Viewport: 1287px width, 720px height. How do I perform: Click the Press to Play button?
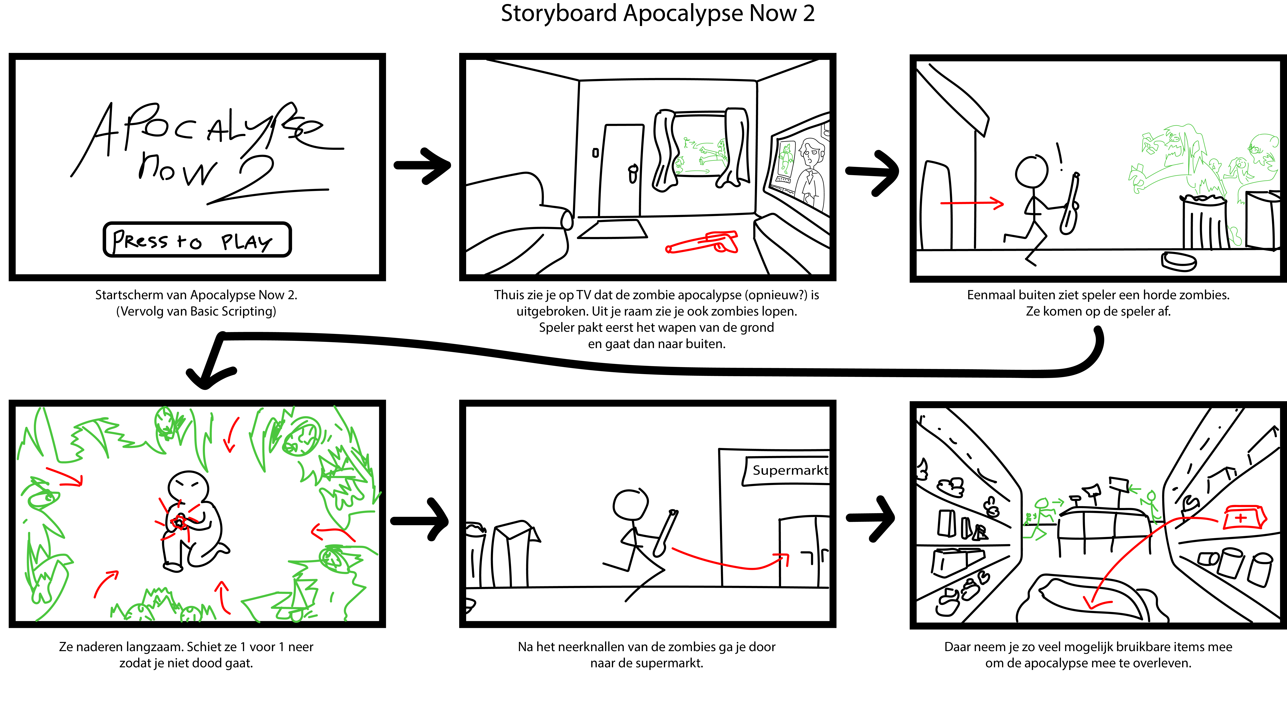tap(197, 240)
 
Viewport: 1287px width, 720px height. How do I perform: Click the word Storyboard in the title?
tap(559, 14)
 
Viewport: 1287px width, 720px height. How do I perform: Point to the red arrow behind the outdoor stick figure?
tap(972, 203)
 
